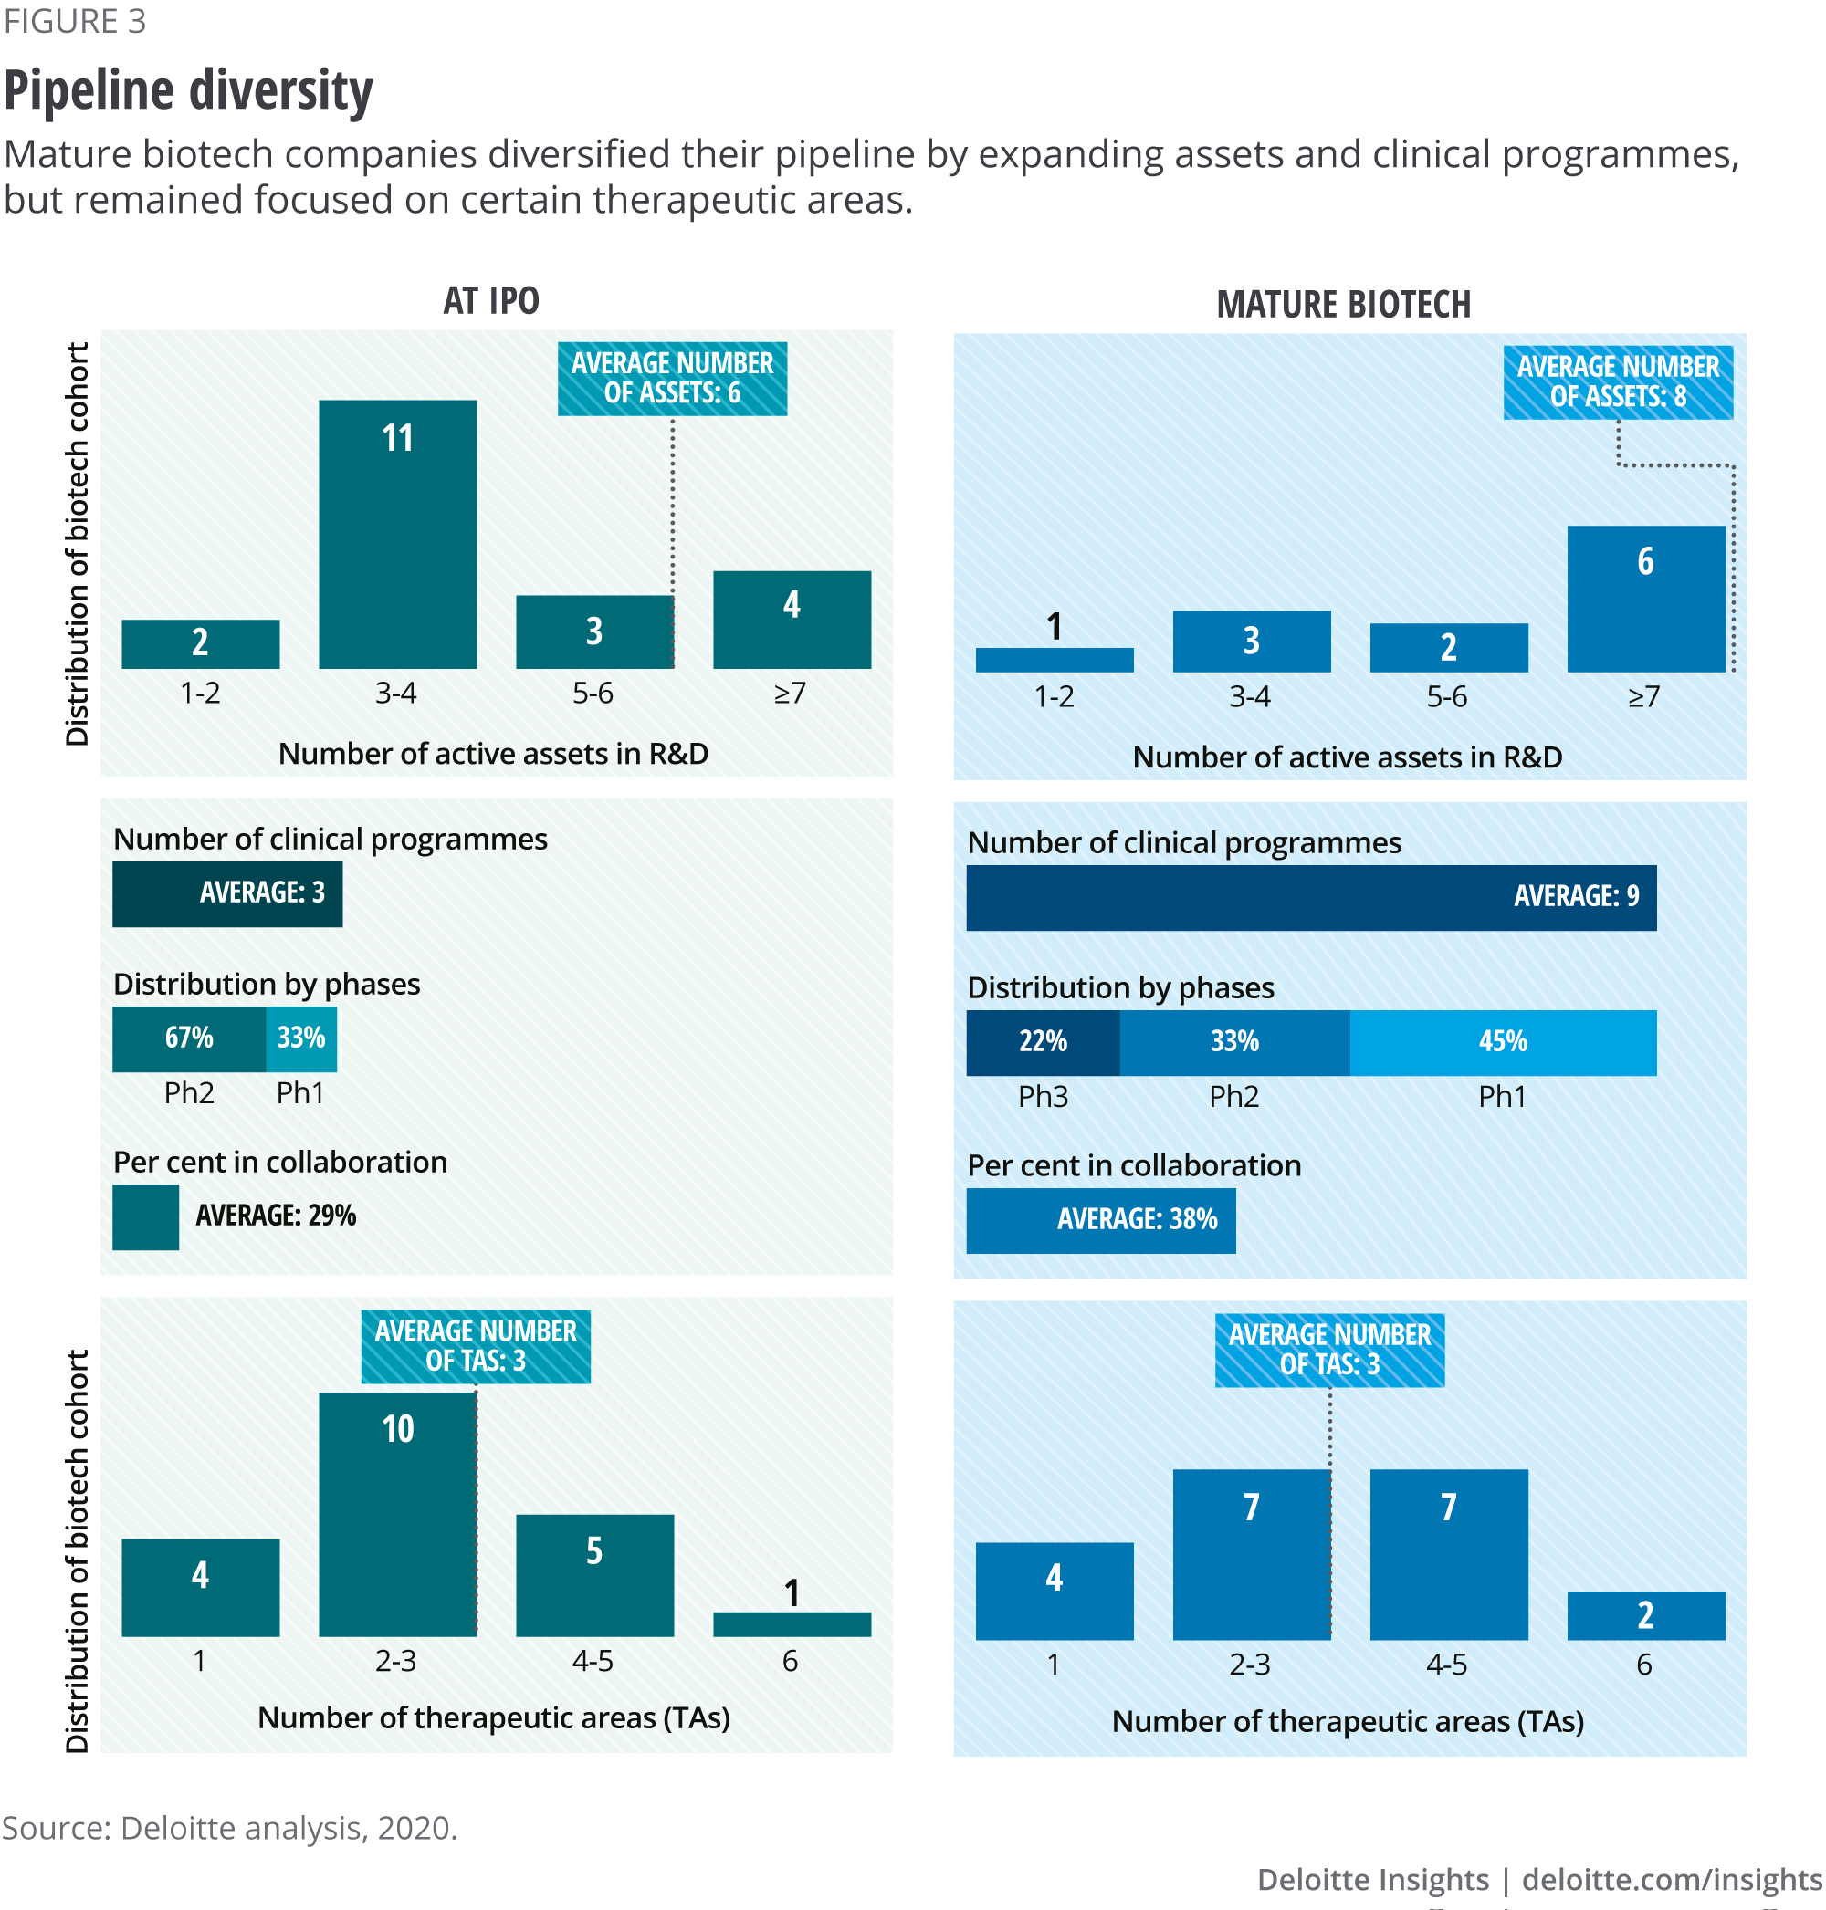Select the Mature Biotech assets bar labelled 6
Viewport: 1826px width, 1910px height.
click(x=1645, y=599)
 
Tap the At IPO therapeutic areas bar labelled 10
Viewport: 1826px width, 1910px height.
click(x=397, y=1514)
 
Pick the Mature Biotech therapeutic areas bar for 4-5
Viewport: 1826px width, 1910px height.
click(x=1448, y=1554)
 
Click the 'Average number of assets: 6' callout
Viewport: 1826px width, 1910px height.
click(x=672, y=379)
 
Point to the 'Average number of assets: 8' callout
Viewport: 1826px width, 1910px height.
click(x=1618, y=382)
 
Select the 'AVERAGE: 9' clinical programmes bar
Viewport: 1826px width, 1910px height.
click(x=1310, y=897)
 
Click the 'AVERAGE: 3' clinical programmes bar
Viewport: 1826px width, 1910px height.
click(x=226, y=893)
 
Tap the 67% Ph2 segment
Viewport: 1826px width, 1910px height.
click(x=189, y=1038)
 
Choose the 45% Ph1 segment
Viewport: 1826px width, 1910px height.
click(x=1502, y=1042)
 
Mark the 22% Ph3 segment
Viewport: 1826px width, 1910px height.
click(x=1043, y=1042)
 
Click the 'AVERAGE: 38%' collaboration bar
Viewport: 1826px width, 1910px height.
click(x=1100, y=1219)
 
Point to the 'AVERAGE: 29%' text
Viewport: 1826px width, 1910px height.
click(x=276, y=1216)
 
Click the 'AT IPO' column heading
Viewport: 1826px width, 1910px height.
click(x=490, y=302)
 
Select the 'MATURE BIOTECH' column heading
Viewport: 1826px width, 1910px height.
click(x=1343, y=305)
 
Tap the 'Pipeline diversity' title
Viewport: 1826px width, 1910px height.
click(x=188, y=90)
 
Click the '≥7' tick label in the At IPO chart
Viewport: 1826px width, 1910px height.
click(x=790, y=693)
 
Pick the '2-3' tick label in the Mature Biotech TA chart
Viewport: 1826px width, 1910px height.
click(x=1250, y=1664)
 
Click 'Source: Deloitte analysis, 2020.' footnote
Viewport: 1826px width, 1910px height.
click(x=230, y=1827)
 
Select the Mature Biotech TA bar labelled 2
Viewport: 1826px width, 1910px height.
click(x=1645, y=1615)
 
